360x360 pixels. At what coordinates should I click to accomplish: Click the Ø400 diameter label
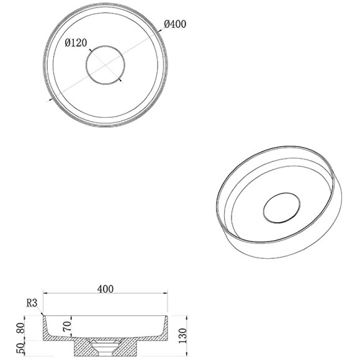click(x=175, y=24)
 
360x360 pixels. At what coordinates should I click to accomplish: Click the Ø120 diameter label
click(x=78, y=43)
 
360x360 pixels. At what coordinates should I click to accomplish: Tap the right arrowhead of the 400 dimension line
click(x=168, y=294)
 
